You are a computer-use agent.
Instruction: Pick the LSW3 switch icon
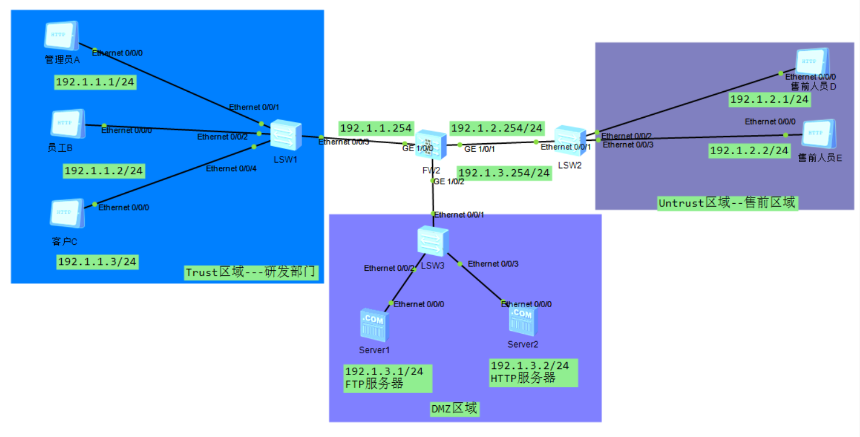(x=433, y=241)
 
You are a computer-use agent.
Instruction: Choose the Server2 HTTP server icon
(x=523, y=320)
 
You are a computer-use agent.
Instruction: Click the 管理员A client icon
(x=61, y=36)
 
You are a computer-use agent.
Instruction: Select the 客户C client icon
(x=67, y=214)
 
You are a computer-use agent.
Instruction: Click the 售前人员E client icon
(x=818, y=135)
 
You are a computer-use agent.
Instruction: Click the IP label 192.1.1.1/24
(x=95, y=82)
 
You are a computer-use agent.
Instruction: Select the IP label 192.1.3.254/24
(x=504, y=173)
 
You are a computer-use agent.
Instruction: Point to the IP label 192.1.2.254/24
(x=497, y=128)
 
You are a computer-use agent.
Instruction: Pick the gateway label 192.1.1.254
(x=376, y=128)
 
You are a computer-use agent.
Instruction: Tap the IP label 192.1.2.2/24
(x=749, y=151)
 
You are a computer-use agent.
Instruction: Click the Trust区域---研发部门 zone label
(x=251, y=272)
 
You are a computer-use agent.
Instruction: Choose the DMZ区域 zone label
(x=455, y=409)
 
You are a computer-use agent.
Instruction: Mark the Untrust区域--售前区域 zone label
(x=727, y=203)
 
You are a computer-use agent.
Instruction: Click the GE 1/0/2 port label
(x=449, y=181)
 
